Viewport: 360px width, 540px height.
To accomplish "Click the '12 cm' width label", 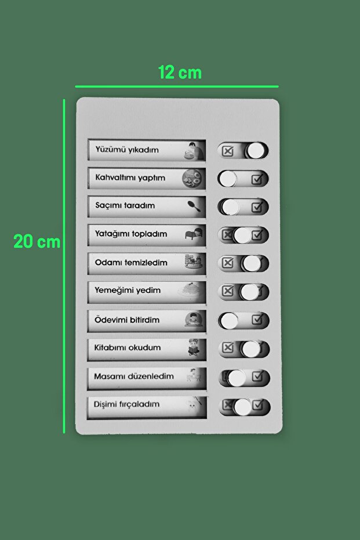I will coord(180,73).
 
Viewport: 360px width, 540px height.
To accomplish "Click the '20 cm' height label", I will coord(37,242).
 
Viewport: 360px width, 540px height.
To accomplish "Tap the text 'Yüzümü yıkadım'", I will coord(126,150).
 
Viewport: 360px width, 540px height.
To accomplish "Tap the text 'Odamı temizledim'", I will coord(131,263).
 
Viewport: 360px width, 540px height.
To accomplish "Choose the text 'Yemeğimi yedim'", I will coord(128,291).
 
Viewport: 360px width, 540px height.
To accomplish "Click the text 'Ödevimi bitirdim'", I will coord(127,320).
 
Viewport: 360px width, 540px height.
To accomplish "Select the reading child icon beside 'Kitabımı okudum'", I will coord(194,347).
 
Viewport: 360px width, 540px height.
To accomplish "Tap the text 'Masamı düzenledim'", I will coord(134,376).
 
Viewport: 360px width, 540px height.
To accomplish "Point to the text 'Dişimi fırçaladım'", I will coord(126,404).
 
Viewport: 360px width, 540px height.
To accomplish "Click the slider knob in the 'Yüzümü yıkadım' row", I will coord(256,151).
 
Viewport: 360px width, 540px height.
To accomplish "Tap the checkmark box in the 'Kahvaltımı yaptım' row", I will coord(257,179).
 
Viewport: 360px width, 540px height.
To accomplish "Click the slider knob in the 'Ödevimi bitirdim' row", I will coord(230,320).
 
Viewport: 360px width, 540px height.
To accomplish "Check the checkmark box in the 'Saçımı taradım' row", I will coord(257,206).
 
